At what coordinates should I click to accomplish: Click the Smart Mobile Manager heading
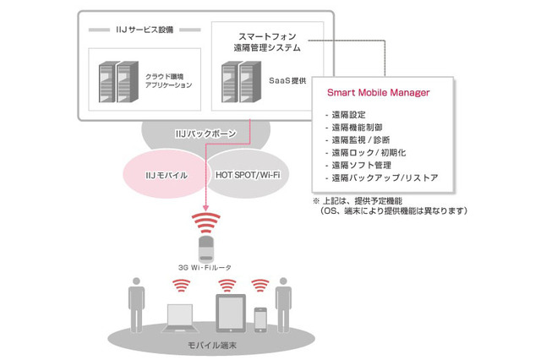coord(378,92)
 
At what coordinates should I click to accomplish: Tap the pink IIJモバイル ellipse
coord(162,174)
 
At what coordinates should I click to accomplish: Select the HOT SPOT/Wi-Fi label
coord(248,175)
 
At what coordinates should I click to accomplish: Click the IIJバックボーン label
coord(205,134)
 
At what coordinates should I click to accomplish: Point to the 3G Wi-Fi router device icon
coord(206,248)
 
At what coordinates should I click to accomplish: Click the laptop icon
coord(180,319)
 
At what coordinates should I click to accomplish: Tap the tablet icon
coord(231,314)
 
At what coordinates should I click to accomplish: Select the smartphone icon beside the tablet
coord(260,320)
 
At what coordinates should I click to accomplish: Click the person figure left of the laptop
coord(136,305)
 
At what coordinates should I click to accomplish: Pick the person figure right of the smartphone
coord(283,305)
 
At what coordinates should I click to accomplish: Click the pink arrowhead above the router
coord(205,208)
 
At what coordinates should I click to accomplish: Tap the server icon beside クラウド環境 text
coord(118,82)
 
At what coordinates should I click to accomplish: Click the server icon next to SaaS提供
coord(241,82)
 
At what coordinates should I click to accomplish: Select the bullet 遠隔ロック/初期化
coord(365,153)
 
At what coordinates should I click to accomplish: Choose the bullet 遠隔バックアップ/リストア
coord(381,178)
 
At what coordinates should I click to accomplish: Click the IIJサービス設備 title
coord(145,30)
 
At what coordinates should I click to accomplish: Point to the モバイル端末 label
coord(212,345)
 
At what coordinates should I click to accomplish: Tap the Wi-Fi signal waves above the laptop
coord(182,286)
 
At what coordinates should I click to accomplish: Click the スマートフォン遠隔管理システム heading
coord(267,42)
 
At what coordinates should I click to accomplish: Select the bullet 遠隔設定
coord(346,115)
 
